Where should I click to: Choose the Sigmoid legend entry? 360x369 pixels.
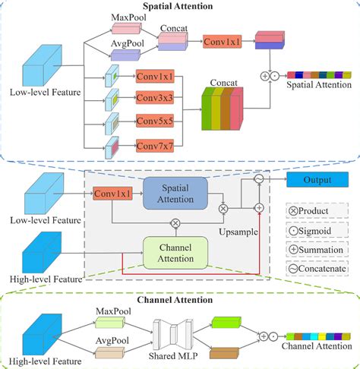tap(294, 226)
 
